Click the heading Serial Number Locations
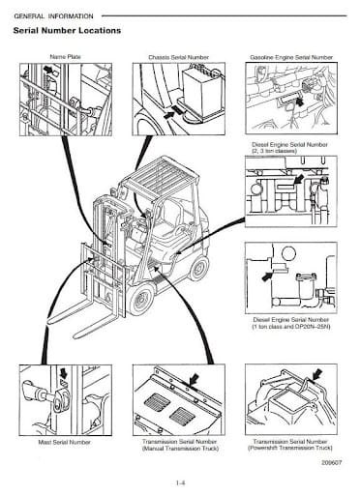tap(68, 31)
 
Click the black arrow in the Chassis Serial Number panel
tap(176, 113)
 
